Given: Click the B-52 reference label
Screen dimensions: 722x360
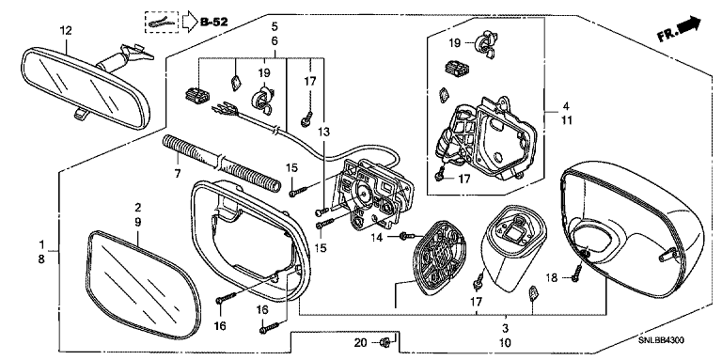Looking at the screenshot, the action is tap(214, 22).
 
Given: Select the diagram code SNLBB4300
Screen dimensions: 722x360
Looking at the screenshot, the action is tap(661, 340).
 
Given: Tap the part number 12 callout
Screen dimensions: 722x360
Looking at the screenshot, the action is tap(66, 31).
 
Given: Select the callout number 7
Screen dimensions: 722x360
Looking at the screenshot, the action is tap(178, 174).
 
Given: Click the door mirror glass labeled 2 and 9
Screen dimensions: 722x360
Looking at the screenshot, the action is tap(143, 285).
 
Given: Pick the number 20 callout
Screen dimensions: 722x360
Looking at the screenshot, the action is tap(361, 342).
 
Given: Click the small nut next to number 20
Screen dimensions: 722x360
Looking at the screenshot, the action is tap(385, 342).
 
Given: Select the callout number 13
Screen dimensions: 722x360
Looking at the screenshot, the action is tap(323, 133).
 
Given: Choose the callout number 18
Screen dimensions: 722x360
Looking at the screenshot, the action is tap(552, 277).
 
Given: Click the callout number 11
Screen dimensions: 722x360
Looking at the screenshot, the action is tap(566, 121).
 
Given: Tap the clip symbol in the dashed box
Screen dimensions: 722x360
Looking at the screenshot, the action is tap(163, 23).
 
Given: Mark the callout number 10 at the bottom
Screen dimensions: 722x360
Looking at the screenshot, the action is tap(505, 343).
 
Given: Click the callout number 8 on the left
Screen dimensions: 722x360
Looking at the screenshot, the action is tap(41, 259).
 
